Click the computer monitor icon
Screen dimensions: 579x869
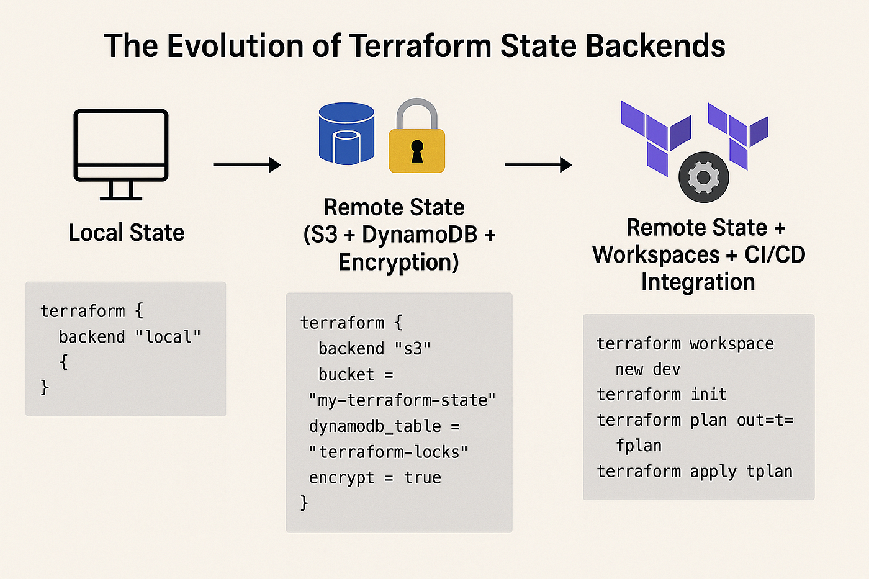coord(121,154)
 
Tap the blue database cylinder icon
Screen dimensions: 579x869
coord(346,133)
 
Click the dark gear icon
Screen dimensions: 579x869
coord(703,177)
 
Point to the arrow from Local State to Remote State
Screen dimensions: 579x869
coord(246,165)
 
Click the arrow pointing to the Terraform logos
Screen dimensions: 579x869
coord(538,165)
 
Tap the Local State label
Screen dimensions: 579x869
coord(126,233)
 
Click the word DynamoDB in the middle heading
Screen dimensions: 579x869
coord(420,235)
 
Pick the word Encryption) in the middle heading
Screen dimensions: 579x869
coord(398,262)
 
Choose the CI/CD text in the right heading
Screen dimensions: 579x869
coord(775,254)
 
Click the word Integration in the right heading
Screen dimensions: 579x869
coord(698,282)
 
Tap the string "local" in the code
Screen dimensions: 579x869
coord(168,337)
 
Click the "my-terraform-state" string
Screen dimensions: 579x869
coord(402,400)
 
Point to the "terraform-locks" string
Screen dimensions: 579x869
coord(388,452)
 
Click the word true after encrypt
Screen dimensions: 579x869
coord(423,478)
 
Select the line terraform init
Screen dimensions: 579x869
coord(661,395)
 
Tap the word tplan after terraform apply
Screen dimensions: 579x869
coord(769,472)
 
